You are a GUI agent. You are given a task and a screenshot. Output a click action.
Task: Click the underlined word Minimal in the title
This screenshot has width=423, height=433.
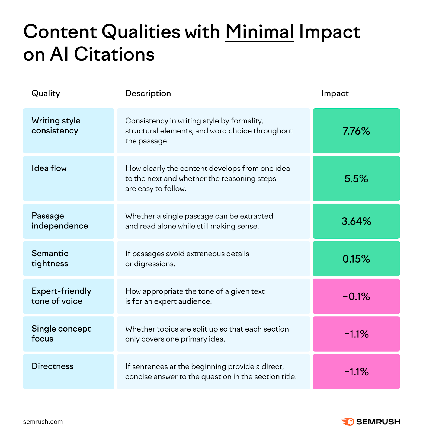(x=259, y=32)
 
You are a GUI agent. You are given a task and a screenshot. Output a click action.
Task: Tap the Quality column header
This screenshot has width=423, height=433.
(x=46, y=93)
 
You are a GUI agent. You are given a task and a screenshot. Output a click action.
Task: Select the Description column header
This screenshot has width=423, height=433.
(x=148, y=93)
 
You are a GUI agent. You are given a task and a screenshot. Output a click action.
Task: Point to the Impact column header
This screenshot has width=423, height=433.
(x=335, y=93)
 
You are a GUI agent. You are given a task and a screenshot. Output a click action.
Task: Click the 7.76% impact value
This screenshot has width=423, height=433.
(x=356, y=131)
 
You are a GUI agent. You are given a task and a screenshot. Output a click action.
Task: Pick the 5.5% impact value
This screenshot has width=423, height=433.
(x=356, y=179)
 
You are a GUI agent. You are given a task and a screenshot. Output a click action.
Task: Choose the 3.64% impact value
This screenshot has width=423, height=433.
(x=356, y=221)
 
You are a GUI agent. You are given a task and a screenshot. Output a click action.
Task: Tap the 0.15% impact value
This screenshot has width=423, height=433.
(x=356, y=259)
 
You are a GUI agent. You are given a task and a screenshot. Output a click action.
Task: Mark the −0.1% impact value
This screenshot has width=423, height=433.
(x=356, y=297)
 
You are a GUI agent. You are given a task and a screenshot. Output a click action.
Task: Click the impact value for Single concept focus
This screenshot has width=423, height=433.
(x=356, y=334)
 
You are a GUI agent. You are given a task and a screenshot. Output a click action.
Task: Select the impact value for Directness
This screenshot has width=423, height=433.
(x=356, y=372)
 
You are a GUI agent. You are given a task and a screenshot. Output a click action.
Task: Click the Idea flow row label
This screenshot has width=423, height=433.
(x=49, y=168)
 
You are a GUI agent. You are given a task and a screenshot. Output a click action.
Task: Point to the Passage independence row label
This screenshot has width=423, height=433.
(x=60, y=221)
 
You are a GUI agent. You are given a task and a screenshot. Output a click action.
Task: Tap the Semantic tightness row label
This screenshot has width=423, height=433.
(x=50, y=258)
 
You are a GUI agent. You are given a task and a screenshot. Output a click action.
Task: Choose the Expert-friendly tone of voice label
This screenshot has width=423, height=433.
(x=61, y=296)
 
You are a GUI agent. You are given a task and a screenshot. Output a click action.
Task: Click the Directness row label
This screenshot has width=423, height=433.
(x=53, y=366)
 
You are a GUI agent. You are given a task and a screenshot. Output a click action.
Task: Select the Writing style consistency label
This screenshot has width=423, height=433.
(x=56, y=126)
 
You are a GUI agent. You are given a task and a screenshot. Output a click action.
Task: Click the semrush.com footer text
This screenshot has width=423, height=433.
(x=43, y=422)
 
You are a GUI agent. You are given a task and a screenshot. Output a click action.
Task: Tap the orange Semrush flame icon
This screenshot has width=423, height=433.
(x=348, y=422)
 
